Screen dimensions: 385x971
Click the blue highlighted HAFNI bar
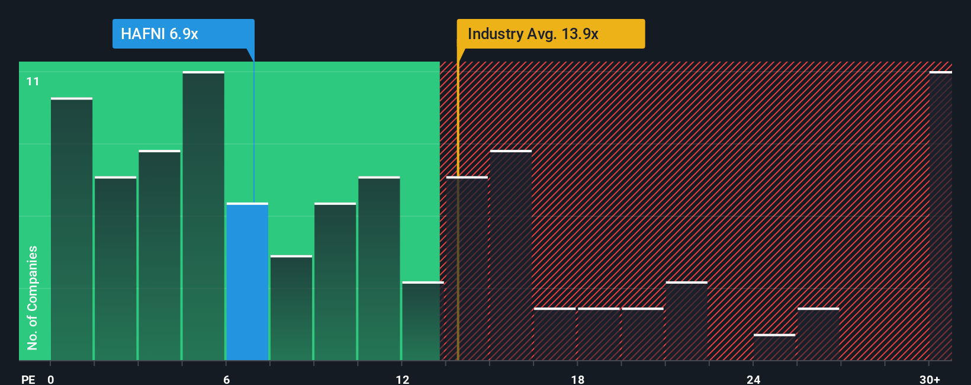[247, 281]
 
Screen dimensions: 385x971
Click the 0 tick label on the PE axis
[51, 379]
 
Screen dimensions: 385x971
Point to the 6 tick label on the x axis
[226, 379]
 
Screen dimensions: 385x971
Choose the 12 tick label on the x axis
[403, 379]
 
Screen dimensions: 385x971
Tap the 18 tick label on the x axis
[578, 379]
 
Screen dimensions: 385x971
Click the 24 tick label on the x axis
[753, 379]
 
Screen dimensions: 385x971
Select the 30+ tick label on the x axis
[930, 379]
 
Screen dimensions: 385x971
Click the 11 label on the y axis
[33, 81]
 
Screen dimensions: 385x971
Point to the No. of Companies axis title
[33, 297]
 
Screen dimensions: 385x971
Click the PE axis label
[28, 379]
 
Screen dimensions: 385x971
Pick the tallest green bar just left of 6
[204, 216]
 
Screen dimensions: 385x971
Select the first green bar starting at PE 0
[72, 229]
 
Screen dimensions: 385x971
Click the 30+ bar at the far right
[941, 216]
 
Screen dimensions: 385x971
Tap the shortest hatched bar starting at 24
[774, 348]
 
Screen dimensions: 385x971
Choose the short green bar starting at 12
[423, 321]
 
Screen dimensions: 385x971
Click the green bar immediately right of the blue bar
[291, 308]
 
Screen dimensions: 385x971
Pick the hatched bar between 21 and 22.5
[687, 321]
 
